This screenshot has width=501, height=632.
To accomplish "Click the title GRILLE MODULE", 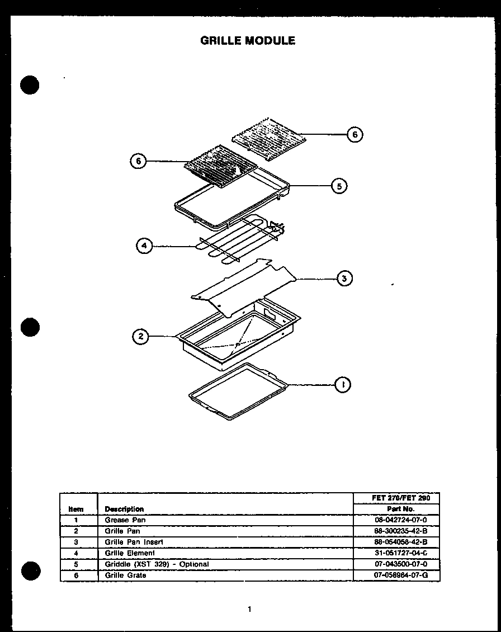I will click(248, 40).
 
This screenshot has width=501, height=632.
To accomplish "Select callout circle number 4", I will click(144, 246).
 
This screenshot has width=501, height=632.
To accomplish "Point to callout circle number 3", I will click(344, 278).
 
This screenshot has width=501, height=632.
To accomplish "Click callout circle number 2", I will click(140, 336).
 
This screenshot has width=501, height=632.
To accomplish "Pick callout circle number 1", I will click(342, 384).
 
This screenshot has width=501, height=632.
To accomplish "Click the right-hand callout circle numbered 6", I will click(355, 134).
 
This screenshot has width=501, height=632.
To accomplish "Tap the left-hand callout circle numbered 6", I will click(138, 161).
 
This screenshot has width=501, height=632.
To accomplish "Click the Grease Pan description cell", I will click(125, 520).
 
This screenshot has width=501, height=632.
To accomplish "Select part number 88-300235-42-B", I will click(396, 531).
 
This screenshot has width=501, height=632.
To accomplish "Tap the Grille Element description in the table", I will click(130, 553).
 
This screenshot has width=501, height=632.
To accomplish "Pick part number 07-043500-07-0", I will click(396, 564).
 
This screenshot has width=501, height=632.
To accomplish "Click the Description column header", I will click(124, 509).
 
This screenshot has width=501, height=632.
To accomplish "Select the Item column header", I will click(76, 509).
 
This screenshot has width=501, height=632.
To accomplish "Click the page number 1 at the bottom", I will click(250, 609).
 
